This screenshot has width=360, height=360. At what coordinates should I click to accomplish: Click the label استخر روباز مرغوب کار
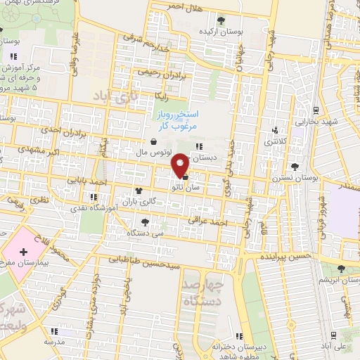(177, 120)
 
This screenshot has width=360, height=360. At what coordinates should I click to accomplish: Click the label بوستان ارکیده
(222, 32)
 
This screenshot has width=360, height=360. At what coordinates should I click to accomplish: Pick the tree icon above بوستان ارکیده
(222, 20)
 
